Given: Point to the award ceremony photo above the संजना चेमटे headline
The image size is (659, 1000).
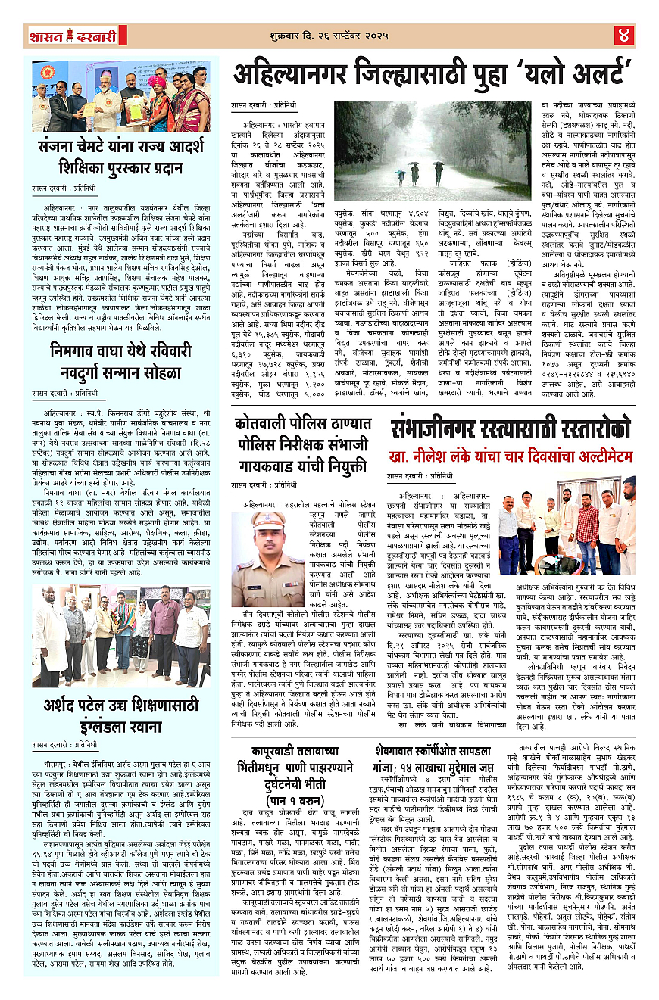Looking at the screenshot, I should tap(121, 97).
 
